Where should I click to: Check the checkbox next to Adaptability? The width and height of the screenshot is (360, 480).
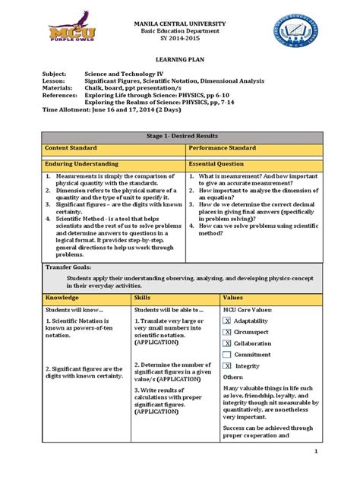click(228, 322)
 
